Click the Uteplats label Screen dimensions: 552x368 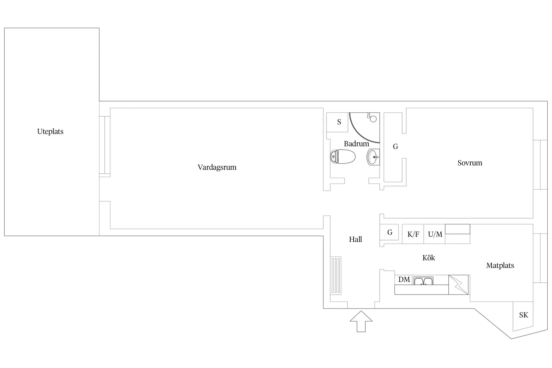tap(50, 131)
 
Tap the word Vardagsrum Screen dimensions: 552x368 tap(217, 167)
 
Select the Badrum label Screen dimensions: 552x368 tap(356, 144)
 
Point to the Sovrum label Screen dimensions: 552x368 tap(470, 163)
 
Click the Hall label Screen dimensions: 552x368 tap(355, 239)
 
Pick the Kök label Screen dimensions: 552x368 tap(429, 258)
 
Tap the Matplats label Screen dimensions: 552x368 tap(500, 266)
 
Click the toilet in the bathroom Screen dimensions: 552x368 tap(343, 157)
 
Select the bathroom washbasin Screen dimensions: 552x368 tap(373, 157)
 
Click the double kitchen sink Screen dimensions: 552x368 tap(423, 281)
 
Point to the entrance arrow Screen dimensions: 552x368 tap(361, 321)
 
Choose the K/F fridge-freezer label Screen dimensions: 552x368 tap(413, 234)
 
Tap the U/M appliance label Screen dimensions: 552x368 tap(435, 234)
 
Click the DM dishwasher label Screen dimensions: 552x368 tap(404, 279)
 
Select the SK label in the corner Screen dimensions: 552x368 tap(524, 315)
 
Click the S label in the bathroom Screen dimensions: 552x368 tap(339, 122)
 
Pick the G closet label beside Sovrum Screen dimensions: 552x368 tap(395, 147)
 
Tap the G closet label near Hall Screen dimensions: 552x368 tap(390, 232)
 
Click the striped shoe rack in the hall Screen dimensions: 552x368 tap(336, 276)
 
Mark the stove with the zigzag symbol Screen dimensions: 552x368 tap(458, 285)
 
